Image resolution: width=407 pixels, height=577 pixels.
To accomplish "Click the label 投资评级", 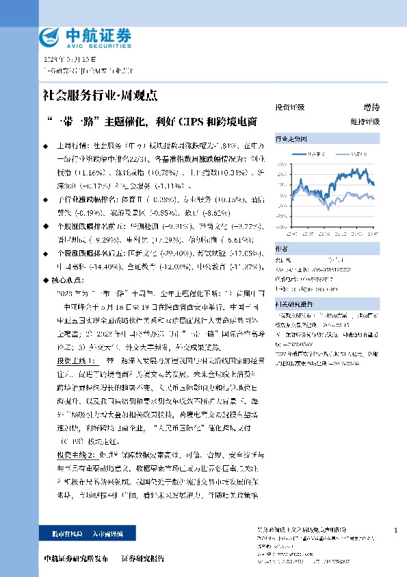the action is point(289,108).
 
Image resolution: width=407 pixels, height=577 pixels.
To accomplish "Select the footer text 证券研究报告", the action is point(143,558).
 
